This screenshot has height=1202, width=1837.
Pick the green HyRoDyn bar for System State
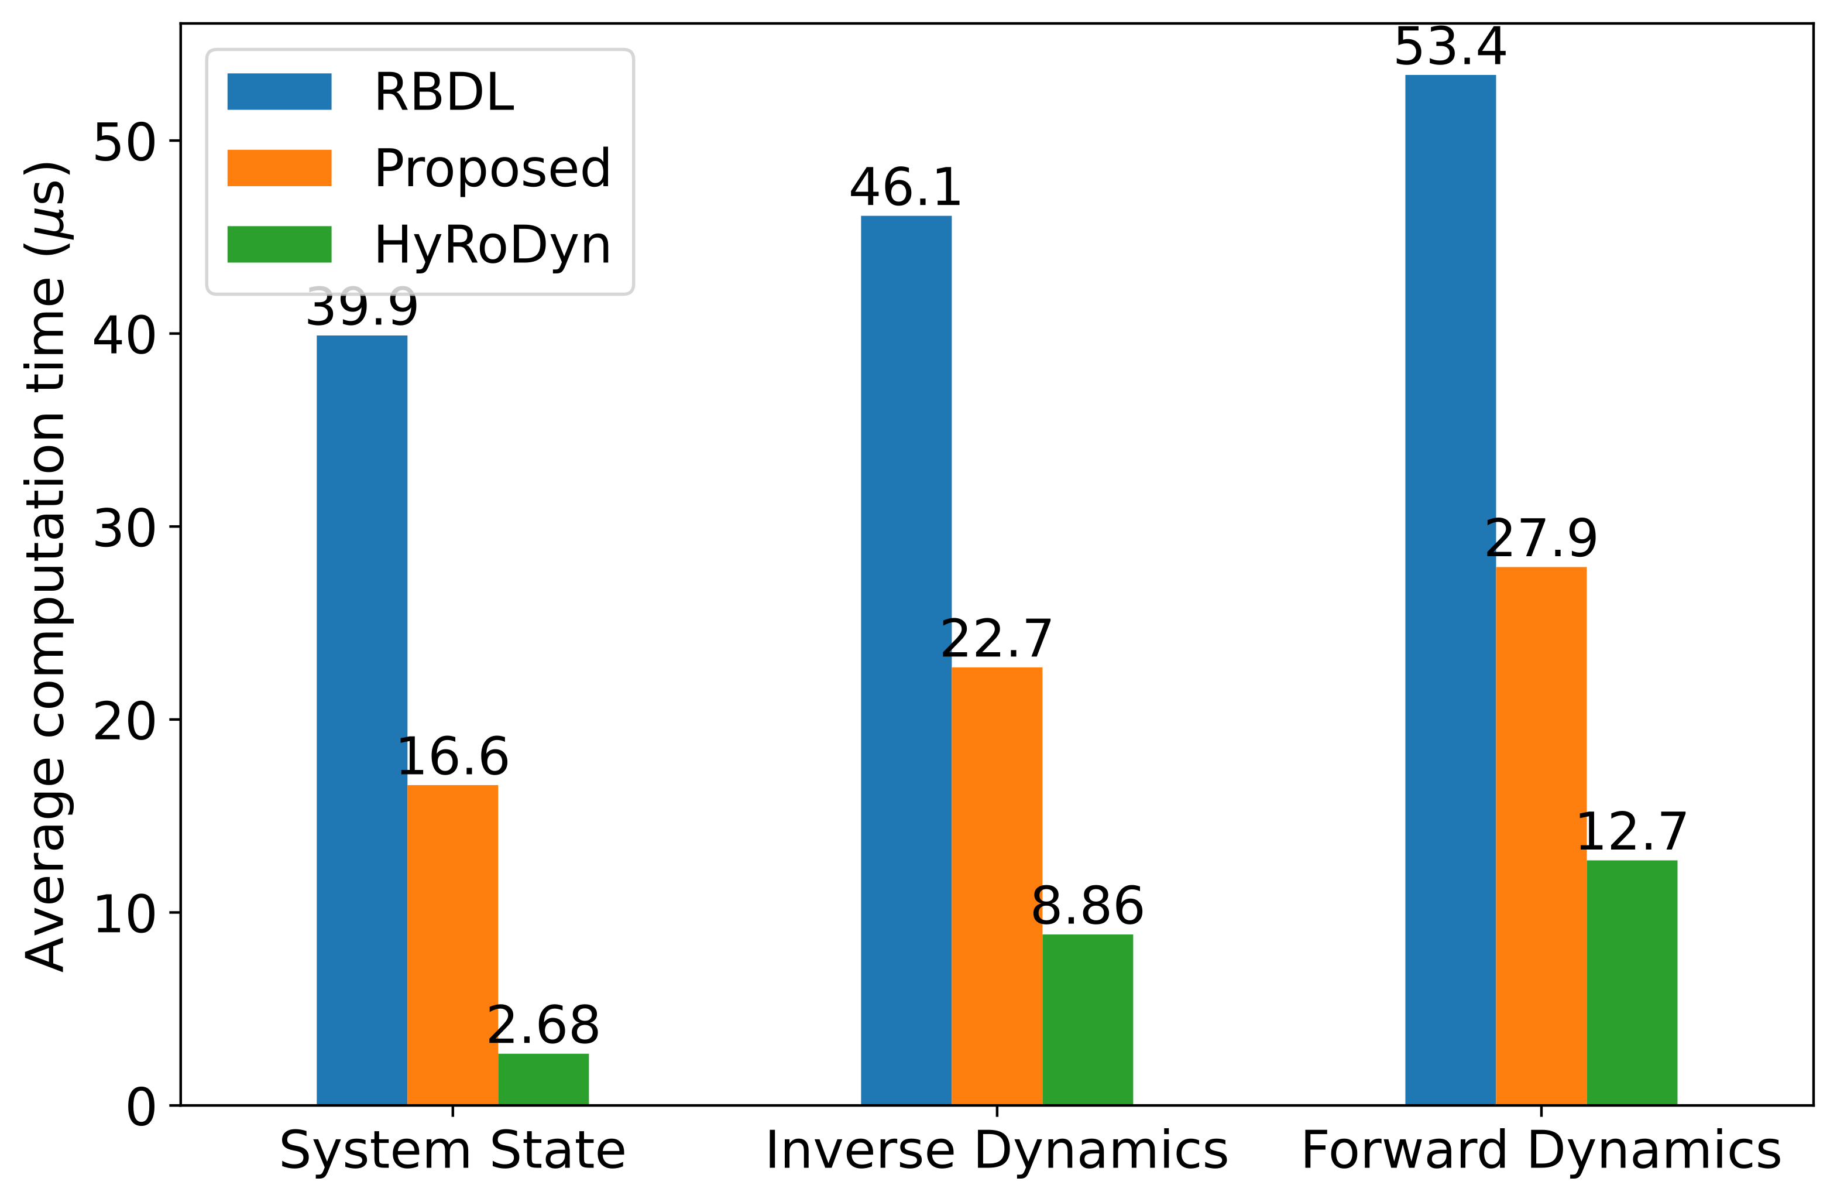(x=544, y=1078)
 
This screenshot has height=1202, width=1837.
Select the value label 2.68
(x=544, y=1025)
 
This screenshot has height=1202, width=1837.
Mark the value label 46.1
(x=905, y=187)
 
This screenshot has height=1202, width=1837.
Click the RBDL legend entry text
(x=444, y=93)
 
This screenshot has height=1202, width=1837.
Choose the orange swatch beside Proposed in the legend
(x=279, y=168)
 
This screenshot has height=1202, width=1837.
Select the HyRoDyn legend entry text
(x=492, y=245)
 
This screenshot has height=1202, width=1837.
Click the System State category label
(x=452, y=1151)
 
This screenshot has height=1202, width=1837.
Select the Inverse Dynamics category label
(x=997, y=1151)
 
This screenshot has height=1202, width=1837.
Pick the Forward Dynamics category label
(x=1541, y=1151)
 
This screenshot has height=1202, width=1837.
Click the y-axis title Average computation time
(x=46, y=567)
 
